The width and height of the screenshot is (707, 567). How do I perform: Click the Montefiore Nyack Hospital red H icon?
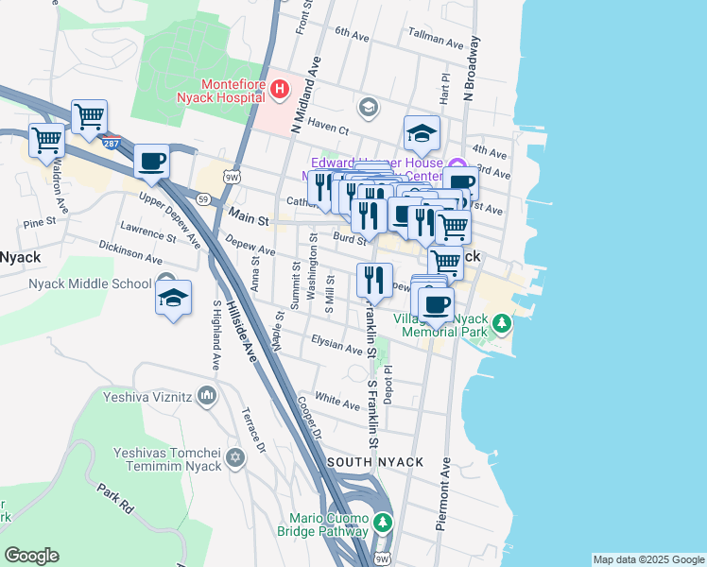pos(280,90)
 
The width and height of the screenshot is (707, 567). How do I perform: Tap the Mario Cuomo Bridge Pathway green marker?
pos(382,522)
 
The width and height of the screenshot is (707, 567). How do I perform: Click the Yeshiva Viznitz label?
pos(149,398)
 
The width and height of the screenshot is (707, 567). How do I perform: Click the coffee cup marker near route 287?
pos(151,161)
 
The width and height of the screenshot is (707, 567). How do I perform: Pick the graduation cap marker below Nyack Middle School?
pos(174,298)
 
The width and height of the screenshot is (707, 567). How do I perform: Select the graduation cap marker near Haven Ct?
pos(422,133)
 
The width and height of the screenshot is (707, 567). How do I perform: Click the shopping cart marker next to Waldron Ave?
pos(46,141)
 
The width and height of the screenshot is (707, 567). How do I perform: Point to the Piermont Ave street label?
pos(441,493)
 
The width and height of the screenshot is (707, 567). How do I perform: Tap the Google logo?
pos(31,556)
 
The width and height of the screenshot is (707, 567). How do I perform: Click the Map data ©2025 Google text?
pos(647,559)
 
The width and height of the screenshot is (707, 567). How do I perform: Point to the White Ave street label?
pos(337,401)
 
